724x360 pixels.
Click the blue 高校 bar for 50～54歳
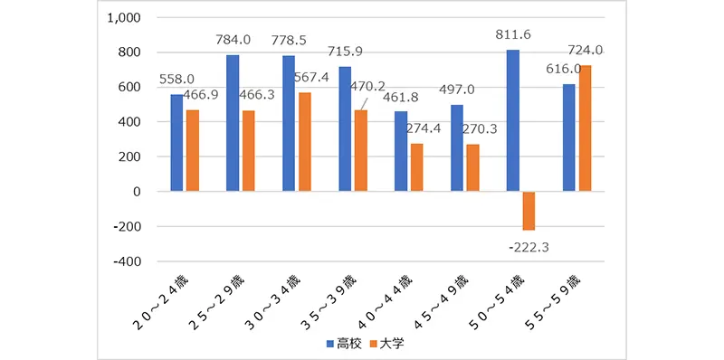pyautogui.click(x=513, y=120)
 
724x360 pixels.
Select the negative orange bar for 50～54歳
pyautogui.click(x=528, y=211)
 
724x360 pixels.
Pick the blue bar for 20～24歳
pyautogui.click(x=176, y=142)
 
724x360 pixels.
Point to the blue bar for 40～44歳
pyautogui.click(x=401, y=151)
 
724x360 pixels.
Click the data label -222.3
pyautogui.click(x=529, y=245)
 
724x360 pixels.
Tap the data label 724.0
pyautogui.click(x=585, y=51)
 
